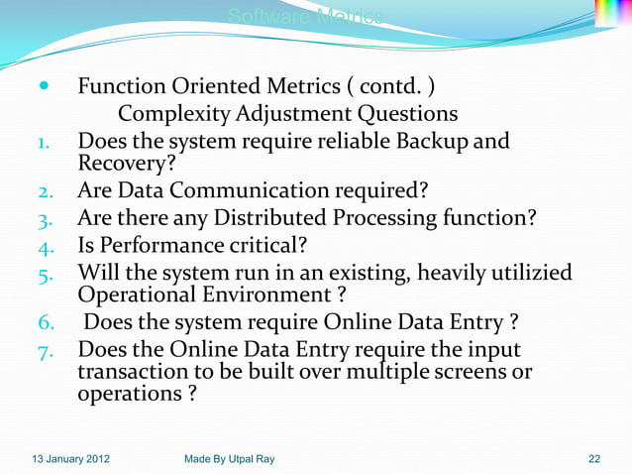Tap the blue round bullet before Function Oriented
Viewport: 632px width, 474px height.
tap(40, 86)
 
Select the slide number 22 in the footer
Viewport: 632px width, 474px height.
tap(593, 458)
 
